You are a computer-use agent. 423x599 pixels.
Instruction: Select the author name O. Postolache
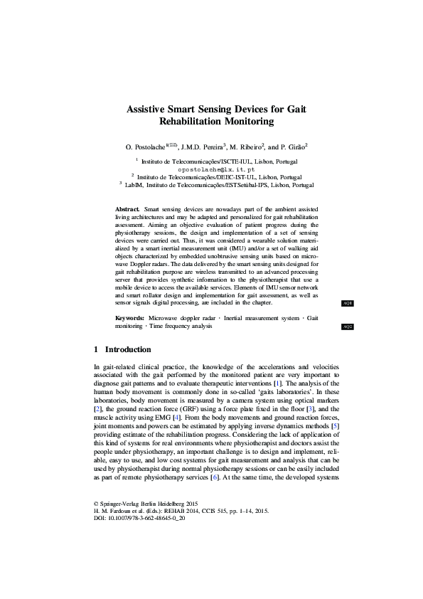click(x=144, y=147)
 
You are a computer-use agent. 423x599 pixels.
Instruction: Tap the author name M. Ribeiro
click(x=246, y=147)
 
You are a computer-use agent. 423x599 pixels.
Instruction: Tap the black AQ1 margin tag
click(x=348, y=303)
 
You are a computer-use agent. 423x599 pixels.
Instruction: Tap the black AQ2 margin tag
click(x=348, y=327)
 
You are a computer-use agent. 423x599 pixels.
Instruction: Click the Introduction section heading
click(x=128, y=350)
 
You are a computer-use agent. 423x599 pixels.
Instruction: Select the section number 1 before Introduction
click(x=97, y=350)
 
